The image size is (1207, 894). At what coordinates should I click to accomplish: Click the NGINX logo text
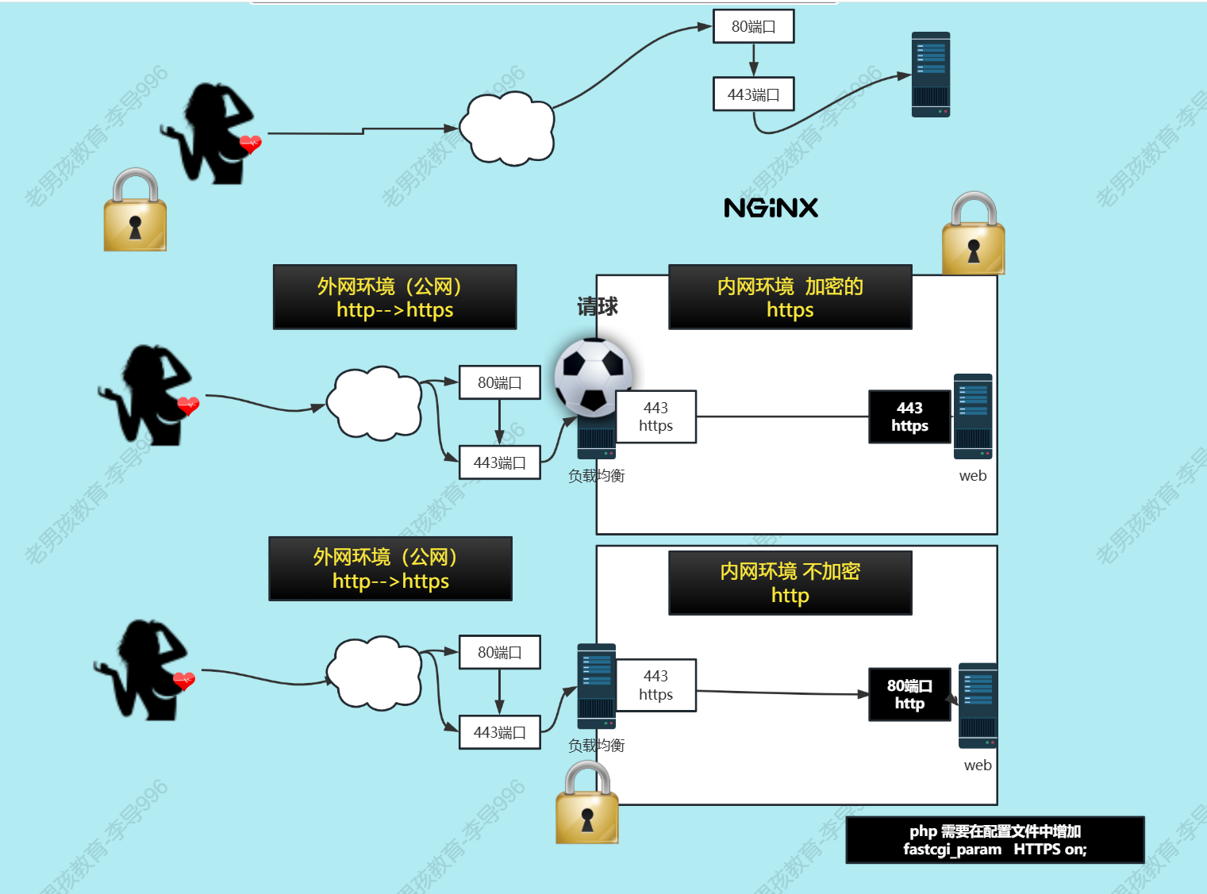[771, 208]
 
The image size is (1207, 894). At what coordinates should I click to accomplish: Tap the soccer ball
[593, 377]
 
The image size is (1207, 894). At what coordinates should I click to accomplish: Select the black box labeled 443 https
[909, 416]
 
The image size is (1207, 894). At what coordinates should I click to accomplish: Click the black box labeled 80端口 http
[909, 694]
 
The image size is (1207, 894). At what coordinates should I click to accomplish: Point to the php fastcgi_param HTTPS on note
[995, 840]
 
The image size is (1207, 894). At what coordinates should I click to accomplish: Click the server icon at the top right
[931, 75]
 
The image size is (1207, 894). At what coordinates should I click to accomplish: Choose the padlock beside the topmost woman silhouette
[135, 210]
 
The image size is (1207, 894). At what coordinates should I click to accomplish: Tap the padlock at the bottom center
[587, 803]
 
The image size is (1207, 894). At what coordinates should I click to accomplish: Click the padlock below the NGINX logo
[974, 234]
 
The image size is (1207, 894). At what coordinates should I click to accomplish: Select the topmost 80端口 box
[753, 26]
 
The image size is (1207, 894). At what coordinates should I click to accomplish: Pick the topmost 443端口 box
[753, 94]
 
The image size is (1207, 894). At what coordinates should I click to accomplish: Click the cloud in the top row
[507, 129]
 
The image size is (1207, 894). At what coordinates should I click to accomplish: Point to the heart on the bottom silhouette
[184, 681]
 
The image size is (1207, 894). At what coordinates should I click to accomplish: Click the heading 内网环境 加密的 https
[790, 297]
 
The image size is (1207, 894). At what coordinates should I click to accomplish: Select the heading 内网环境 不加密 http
[790, 583]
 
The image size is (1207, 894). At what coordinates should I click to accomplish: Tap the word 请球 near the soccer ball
[598, 306]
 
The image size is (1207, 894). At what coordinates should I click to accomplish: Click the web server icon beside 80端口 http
[978, 705]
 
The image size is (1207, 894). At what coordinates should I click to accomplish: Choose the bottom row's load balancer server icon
[597, 685]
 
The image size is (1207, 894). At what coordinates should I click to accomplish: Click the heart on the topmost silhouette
[250, 144]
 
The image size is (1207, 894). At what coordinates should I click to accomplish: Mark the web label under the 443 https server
[973, 476]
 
